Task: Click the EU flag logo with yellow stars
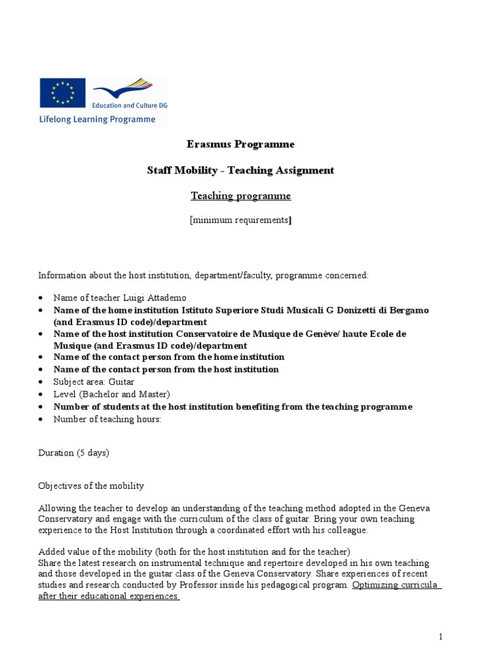[62, 92]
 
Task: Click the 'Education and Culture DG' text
[130, 105]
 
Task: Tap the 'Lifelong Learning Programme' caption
[98, 120]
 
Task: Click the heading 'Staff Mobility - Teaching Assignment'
[240, 170]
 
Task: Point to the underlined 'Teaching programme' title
[240, 196]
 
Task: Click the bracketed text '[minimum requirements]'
[240, 220]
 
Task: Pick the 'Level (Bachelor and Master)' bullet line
[111, 394]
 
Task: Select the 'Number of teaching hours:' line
[107, 419]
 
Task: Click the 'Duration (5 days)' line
[73, 453]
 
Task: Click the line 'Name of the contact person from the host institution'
[166, 369]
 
